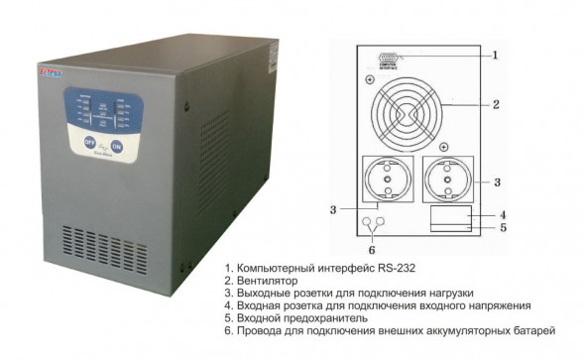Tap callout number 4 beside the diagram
(x=502, y=214)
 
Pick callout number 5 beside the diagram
(x=502, y=229)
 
